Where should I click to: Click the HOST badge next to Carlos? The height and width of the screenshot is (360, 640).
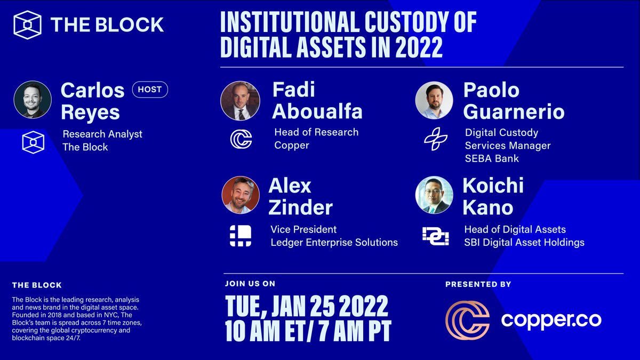pos(150,90)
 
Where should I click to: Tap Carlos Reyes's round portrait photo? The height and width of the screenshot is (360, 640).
pos(33,100)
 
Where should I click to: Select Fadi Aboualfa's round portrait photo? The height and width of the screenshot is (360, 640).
pos(240,100)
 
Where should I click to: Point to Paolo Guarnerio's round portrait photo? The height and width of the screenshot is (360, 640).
pos(434,100)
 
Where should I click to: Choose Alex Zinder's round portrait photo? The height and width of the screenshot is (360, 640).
pos(241,195)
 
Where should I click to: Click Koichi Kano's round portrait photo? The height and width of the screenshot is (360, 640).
pos(434,195)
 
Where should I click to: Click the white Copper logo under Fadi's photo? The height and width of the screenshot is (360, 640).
pos(241,138)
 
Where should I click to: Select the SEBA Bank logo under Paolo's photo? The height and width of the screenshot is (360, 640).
pos(435,139)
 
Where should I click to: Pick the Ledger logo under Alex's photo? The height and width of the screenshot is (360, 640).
pos(241,236)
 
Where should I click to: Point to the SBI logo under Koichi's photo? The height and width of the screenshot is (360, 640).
pos(435,236)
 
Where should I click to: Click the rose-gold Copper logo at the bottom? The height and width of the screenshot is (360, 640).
pos(467,320)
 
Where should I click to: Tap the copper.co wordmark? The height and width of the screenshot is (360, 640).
pos(551,320)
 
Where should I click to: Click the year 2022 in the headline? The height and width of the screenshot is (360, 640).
pos(419,48)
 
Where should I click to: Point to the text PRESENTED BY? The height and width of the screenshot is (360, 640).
pos(478,285)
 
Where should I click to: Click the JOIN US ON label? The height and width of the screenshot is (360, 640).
pos(250,284)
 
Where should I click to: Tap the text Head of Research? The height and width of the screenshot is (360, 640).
pos(316,132)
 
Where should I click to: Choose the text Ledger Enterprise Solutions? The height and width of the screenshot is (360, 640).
pos(334,242)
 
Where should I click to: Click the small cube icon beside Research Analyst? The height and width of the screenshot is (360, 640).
pos(33,142)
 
